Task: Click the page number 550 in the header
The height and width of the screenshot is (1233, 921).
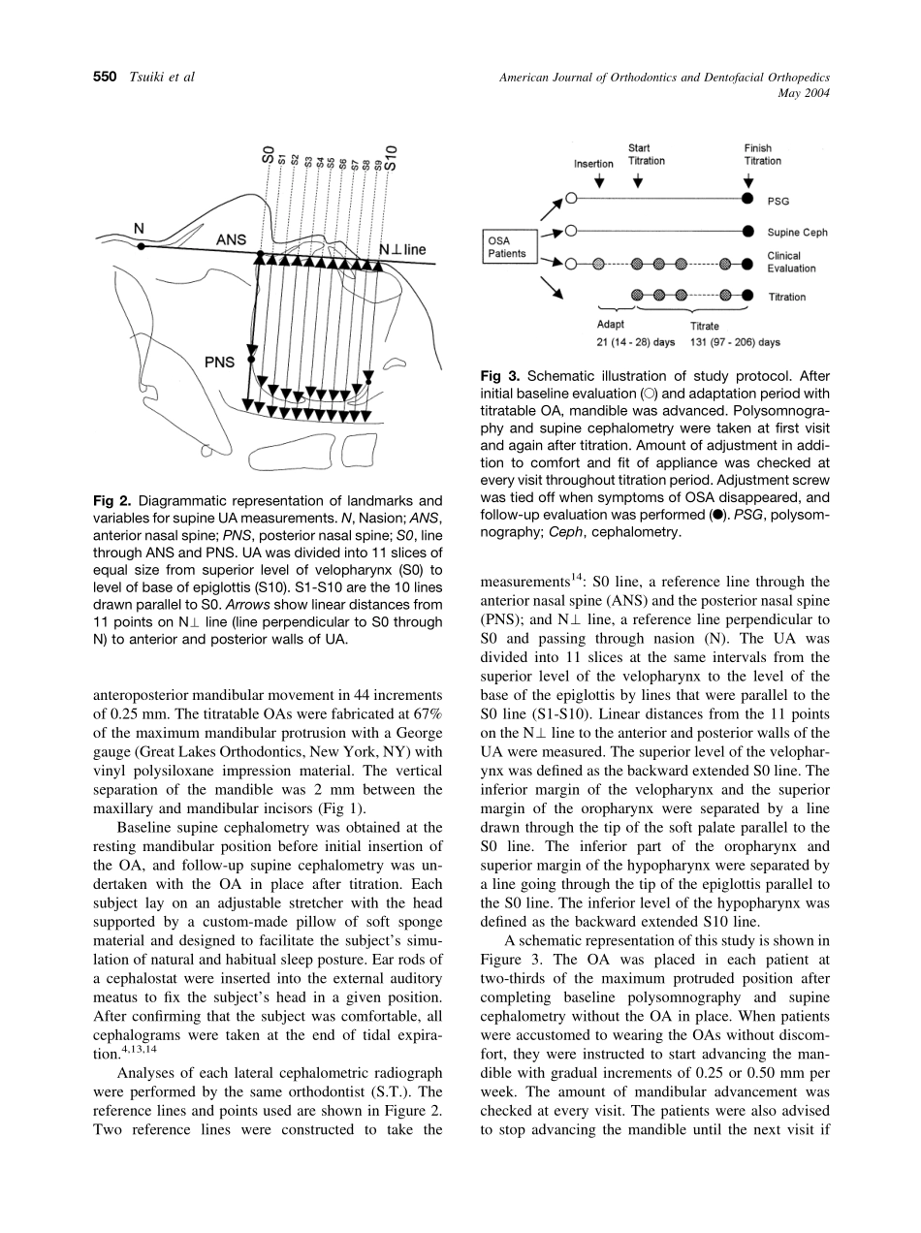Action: pyautogui.click(x=104, y=78)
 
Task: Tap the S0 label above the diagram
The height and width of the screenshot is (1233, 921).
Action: pyautogui.click(x=269, y=155)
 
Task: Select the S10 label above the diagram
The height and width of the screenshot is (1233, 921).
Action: pyautogui.click(x=391, y=156)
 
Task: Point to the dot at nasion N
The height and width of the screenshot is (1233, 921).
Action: pyautogui.click(x=142, y=247)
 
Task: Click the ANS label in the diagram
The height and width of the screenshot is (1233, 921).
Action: pyautogui.click(x=231, y=239)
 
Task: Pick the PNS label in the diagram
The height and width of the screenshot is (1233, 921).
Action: pyautogui.click(x=220, y=363)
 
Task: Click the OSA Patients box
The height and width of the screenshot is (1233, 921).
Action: pyautogui.click(x=507, y=247)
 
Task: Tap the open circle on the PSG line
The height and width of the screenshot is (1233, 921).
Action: pyautogui.click(x=572, y=198)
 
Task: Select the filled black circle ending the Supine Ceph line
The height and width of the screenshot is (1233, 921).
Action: pyautogui.click(x=747, y=232)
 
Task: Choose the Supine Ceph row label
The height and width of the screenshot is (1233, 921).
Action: pyautogui.click(x=797, y=233)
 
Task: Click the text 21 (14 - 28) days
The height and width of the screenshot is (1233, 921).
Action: pyautogui.click(x=635, y=342)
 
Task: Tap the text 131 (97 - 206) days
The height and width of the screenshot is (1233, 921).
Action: pyautogui.click(x=735, y=342)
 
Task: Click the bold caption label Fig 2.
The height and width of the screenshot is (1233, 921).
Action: pyautogui.click(x=111, y=501)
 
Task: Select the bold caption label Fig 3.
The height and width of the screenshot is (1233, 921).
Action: pyautogui.click(x=500, y=376)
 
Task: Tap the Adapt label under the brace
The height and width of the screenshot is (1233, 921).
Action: pyautogui.click(x=611, y=325)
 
